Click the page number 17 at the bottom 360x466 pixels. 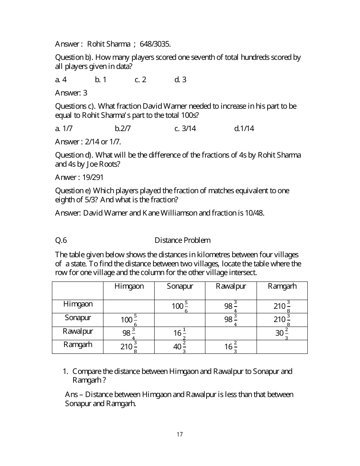[x=180, y=434]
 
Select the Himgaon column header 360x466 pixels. [x=129, y=286]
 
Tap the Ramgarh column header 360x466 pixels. [x=282, y=286]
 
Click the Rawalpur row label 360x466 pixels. [x=78, y=331]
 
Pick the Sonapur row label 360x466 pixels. [x=78, y=317]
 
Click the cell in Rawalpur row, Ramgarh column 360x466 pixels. [x=282, y=333]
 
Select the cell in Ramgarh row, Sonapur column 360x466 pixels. [x=180, y=347]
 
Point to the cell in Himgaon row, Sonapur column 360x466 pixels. [x=180, y=306]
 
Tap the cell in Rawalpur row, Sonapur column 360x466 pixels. [x=180, y=333]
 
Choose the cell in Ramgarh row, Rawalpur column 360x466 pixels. [x=231, y=347]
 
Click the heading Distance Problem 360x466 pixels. [x=182, y=240]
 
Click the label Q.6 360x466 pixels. [x=61, y=240]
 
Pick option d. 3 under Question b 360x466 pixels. [x=180, y=80]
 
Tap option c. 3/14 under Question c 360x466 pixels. [x=185, y=128]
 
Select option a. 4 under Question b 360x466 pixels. [x=61, y=80]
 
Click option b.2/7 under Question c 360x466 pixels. [x=123, y=128]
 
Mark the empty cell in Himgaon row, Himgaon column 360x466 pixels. [x=129, y=306]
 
